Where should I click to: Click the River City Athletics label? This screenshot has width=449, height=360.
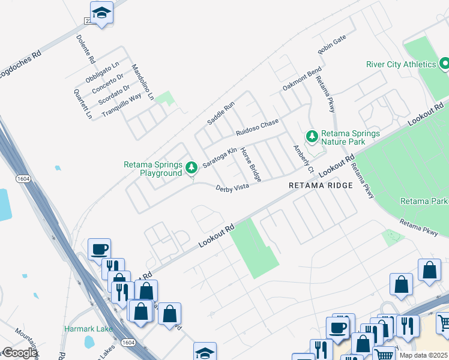pyautogui.click(x=401, y=64)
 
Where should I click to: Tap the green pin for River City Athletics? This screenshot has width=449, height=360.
pyautogui.click(x=445, y=63)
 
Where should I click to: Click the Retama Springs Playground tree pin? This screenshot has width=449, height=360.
pyautogui.click(x=191, y=168)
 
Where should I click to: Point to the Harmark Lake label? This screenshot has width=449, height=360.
pyautogui.click(x=84, y=329)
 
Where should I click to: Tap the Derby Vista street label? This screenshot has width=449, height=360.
pyautogui.click(x=232, y=188)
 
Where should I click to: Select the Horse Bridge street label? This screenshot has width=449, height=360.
pyautogui.click(x=251, y=164)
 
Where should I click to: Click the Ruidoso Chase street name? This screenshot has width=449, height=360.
pyautogui.click(x=258, y=127)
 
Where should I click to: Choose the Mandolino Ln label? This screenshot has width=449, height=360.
pyautogui.click(x=143, y=82)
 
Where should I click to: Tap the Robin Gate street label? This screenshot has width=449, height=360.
pyautogui.click(x=332, y=45)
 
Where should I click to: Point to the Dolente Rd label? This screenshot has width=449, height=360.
pyautogui.click(x=85, y=49)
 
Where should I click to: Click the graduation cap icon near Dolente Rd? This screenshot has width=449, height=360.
pyautogui.click(x=101, y=13)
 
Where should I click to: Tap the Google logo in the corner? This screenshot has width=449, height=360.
pyautogui.click(x=19, y=353)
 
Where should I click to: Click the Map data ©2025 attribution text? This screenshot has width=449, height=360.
pyautogui.click(x=423, y=355)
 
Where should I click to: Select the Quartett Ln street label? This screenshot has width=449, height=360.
pyautogui.click(x=83, y=104)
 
